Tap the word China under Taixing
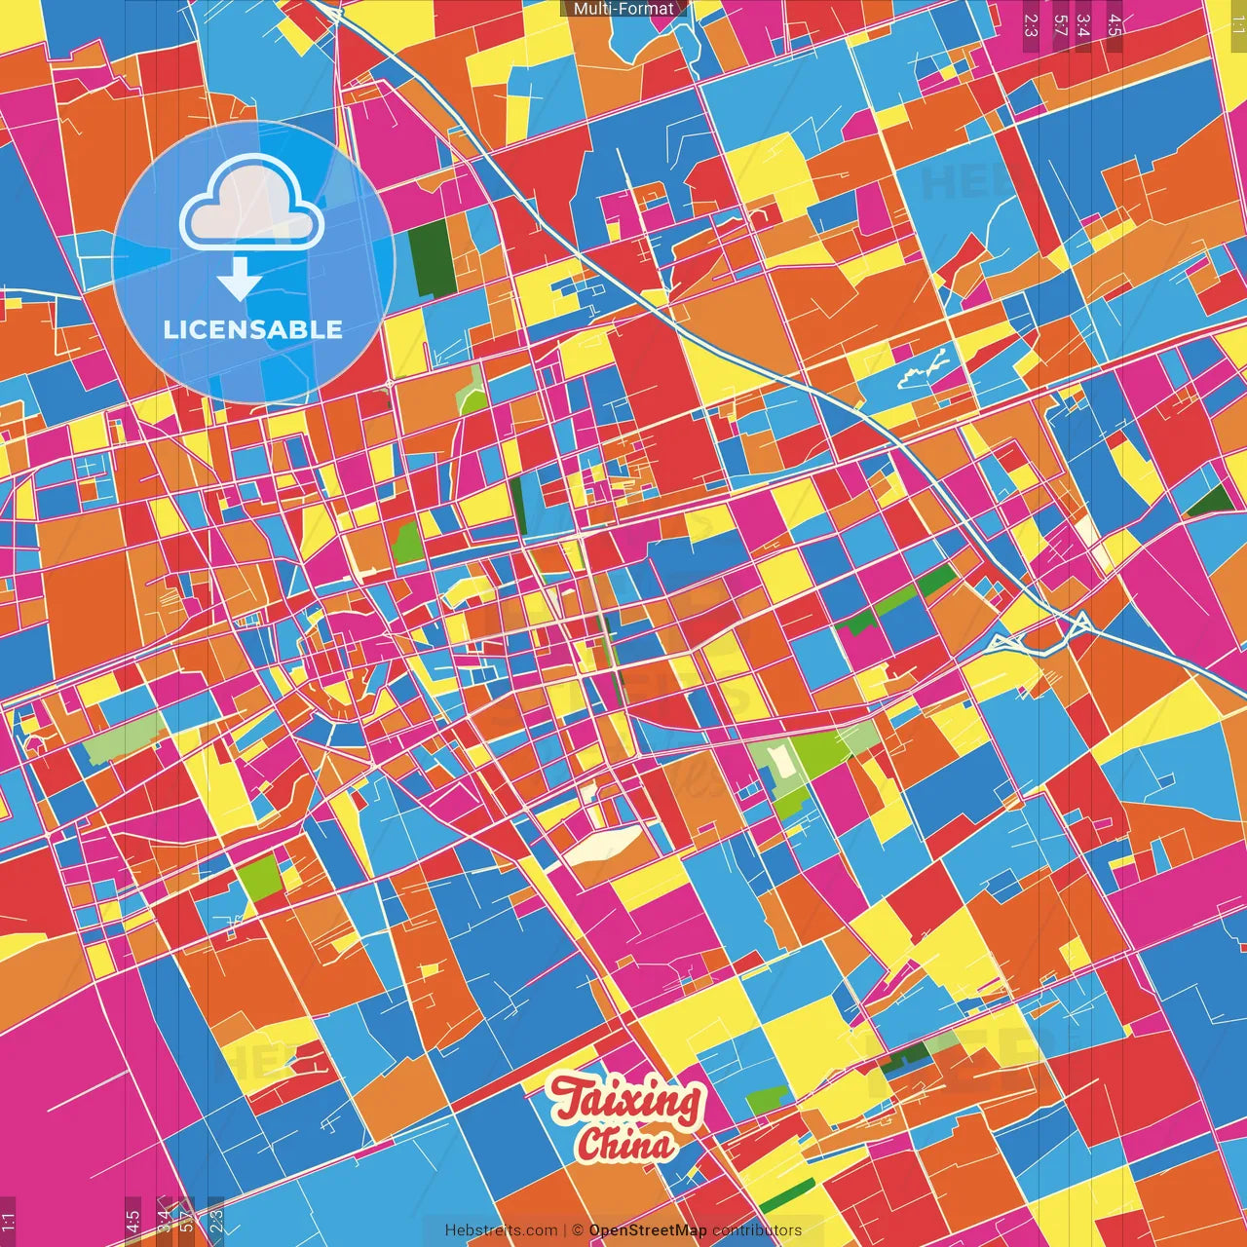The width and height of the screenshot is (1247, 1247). (x=624, y=1144)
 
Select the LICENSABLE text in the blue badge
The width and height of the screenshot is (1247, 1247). (x=253, y=329)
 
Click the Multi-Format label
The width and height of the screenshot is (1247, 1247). (x=623, y=9)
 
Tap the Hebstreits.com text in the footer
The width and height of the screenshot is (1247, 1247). (x=501, y=1230)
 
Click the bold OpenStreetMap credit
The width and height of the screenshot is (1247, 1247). (x=648, y=1230)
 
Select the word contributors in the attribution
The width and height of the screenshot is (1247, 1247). (x=757, y=1230)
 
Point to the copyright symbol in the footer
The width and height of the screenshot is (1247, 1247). (x=577, y=1230)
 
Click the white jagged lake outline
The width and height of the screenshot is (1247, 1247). (x=922, y=369)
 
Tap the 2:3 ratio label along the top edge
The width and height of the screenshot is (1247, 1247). (x=1031, y=25)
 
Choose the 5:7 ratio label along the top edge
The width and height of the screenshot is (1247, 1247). (x=1060, y=25)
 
